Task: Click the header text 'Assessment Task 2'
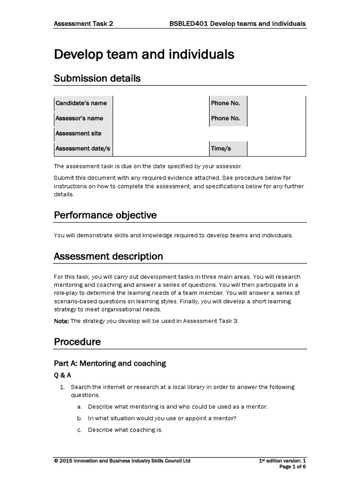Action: [83, 23]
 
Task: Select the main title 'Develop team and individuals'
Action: [144, 55]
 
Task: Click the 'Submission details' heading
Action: [97, 78]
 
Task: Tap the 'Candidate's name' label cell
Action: [82, 103]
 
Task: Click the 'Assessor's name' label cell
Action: [80, 118]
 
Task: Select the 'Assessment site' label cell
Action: [79, 133]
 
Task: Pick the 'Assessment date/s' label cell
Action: [83, 148]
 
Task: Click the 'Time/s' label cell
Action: [221, 148]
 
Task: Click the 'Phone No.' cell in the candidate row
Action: [225, 103]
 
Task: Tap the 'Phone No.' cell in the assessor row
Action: [225, 118]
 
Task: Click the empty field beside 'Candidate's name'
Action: [160, 103]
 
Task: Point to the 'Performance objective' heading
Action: [105, 215]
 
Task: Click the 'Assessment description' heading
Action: [108, 256]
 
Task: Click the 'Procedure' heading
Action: [77, 342]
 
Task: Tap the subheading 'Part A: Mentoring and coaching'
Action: [110, 363]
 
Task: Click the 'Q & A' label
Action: [63, 375]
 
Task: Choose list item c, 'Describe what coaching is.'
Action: [125, 430]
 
